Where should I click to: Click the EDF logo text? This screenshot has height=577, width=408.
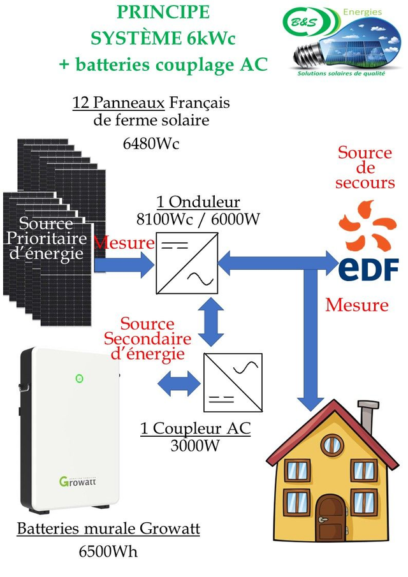click(368, 268)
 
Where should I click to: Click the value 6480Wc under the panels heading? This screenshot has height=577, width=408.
click(151, 143)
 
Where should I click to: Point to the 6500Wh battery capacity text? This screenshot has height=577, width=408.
click(108, 551)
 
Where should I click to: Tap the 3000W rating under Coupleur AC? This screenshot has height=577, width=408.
click(195, 445)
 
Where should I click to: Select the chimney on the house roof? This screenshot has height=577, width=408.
click(367, 416)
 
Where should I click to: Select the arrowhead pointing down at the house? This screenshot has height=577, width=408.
click(312, 402)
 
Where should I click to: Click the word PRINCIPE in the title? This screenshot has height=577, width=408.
click(163, 13)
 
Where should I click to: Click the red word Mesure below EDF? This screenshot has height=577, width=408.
click(356, 305)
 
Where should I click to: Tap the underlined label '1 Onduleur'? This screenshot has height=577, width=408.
click(198, 202)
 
